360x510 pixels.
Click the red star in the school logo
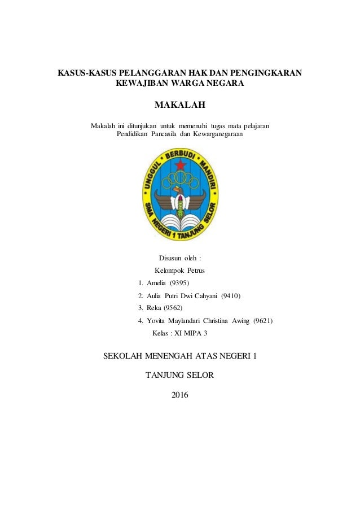pyautogui.click(x=181, y=165)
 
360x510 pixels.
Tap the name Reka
pyautogui.click(x=153, y=308)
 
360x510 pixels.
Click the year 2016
pyautogui.click(x=180, y=394)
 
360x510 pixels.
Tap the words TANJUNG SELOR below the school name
pyautogui.click(x=180, y=374)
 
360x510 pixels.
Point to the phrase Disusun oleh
pyautogui.click(x=180, y=258)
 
